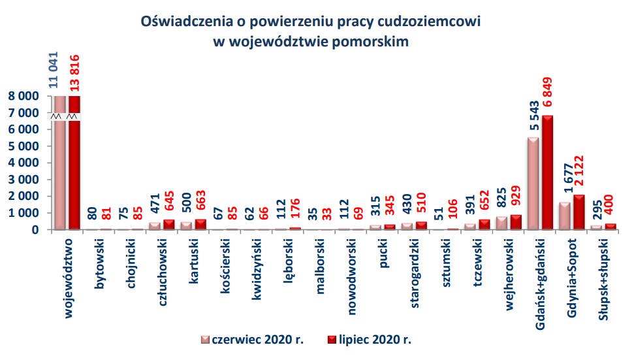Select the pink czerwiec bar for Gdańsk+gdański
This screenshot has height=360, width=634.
[x=533, y=184]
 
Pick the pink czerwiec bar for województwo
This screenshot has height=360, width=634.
[x=59, y=163]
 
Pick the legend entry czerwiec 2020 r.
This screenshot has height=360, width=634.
[x=252, y=340]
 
